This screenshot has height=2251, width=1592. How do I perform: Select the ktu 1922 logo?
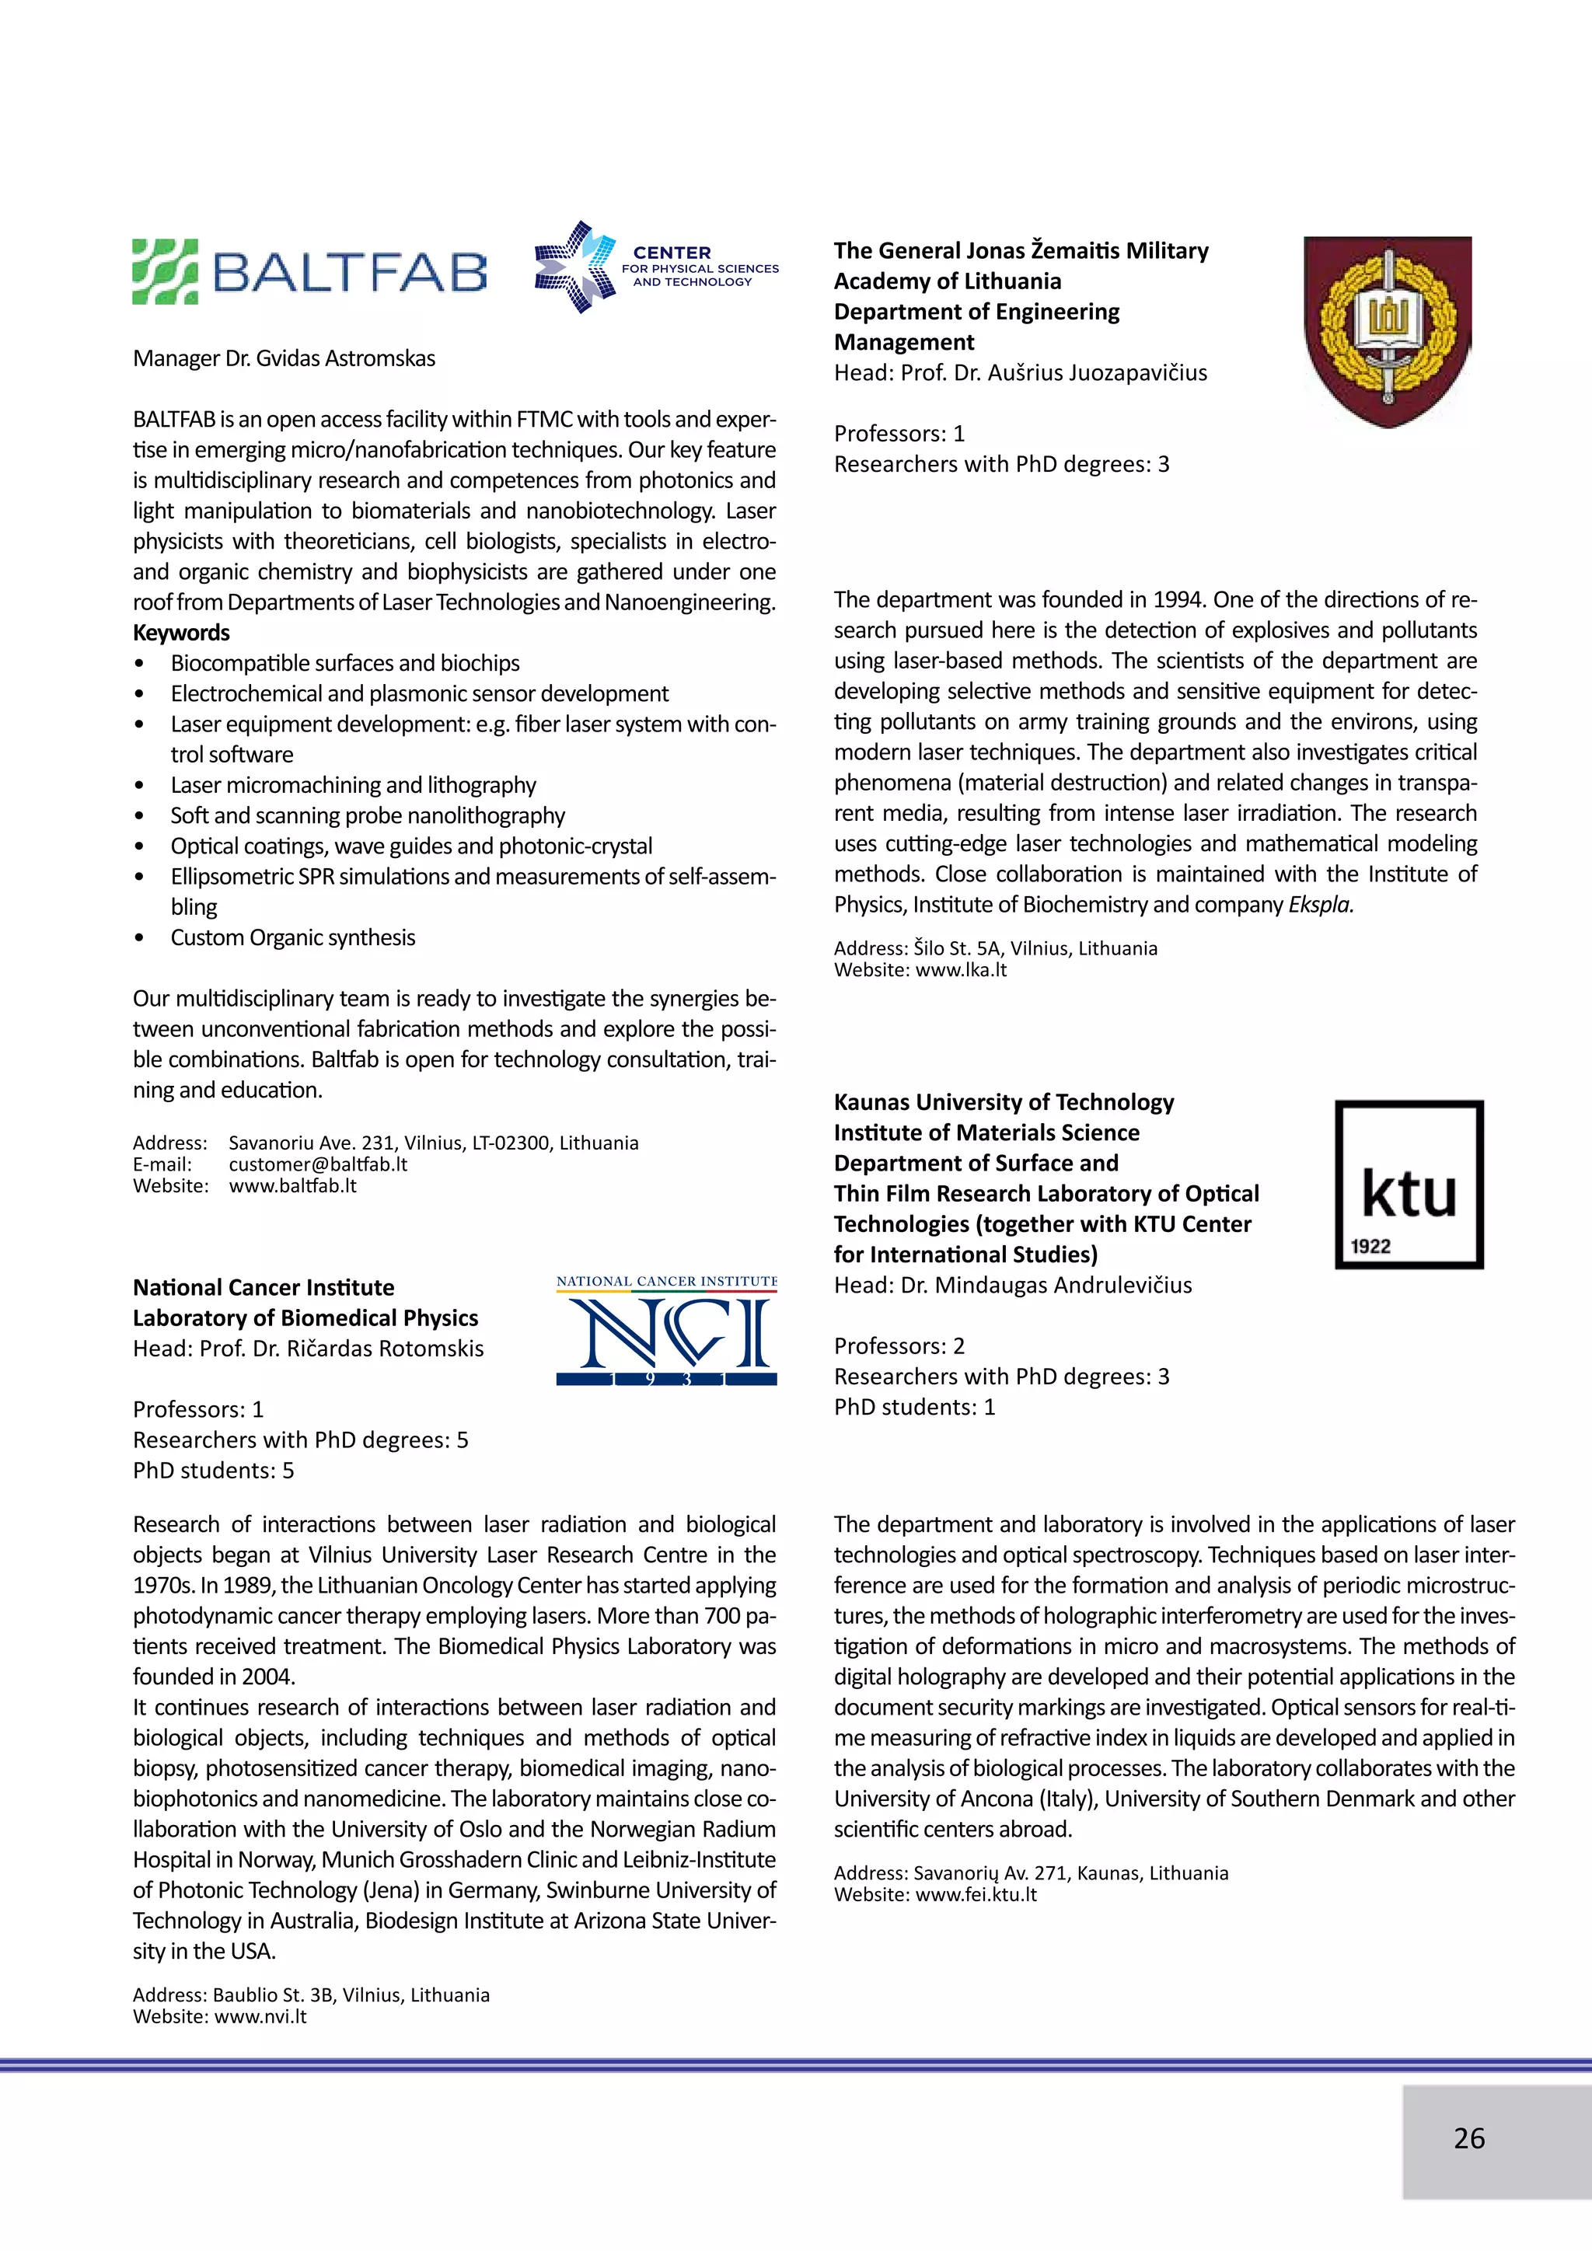[1409, 1185]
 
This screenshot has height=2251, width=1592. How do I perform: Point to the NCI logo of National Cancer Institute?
[667, 1331]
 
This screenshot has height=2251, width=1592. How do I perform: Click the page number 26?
[1468, 2138]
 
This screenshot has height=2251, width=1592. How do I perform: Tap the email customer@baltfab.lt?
[318, 1164]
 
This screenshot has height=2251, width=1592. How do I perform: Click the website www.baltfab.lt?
[292, 1185]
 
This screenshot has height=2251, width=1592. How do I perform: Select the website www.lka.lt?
[961, 969]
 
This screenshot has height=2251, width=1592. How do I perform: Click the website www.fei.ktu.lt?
[976, 1894]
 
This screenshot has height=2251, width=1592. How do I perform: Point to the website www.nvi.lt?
[260, 2017]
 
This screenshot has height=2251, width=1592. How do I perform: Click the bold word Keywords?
[181, 633]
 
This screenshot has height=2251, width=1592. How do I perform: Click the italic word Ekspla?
[1321, 904]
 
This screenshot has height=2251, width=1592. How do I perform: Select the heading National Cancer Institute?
[264, 1287]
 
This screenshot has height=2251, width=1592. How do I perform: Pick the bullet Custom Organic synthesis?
[292, 937]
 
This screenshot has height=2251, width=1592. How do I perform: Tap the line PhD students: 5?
[214, 1470]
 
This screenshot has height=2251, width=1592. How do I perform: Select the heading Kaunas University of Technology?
[1004, 1102]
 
